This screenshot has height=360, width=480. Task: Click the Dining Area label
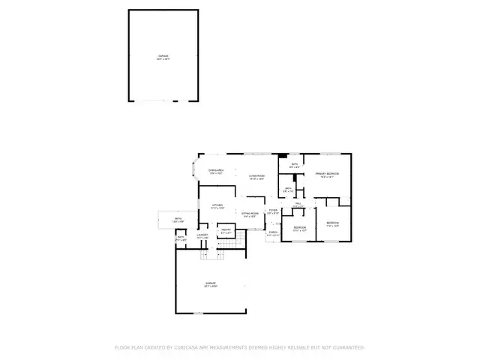pyautogui.click(x=216, y=171)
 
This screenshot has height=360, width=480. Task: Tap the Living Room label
pyautogui.click(x=257, y=175)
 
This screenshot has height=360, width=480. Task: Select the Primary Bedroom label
pyautogui.click(x=327, y=174)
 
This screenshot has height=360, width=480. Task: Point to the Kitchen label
pyautogui.click(x=217, y=205)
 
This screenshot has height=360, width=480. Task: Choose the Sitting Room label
pyautogui.click(x=250, y=214)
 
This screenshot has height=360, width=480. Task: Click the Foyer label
pyautogui.click(x=273, y=211)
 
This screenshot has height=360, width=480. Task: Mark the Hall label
pyautogui.click(x=298, y=204)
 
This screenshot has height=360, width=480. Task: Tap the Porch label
pyautogui.click(x=273, y=233)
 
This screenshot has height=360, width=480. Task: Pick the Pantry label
pyautogui.click(x=225, y=231)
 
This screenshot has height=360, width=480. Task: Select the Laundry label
pyautogui.click(x=202, y=235)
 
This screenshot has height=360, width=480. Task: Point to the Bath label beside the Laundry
pyautogui.click(x=181, y=238)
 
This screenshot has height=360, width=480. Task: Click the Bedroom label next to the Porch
pyautogui.click(x=299, y=227)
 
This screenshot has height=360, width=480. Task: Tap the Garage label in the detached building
pyautogui.click(x=163, y=57)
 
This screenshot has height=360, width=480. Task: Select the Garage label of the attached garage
pyautogui.click(x=211, y=283)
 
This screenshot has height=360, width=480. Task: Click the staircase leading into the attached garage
pyautogui.click(x=213, y=256)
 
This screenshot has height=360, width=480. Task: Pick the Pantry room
pyautogui.click(x=226, y=232)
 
